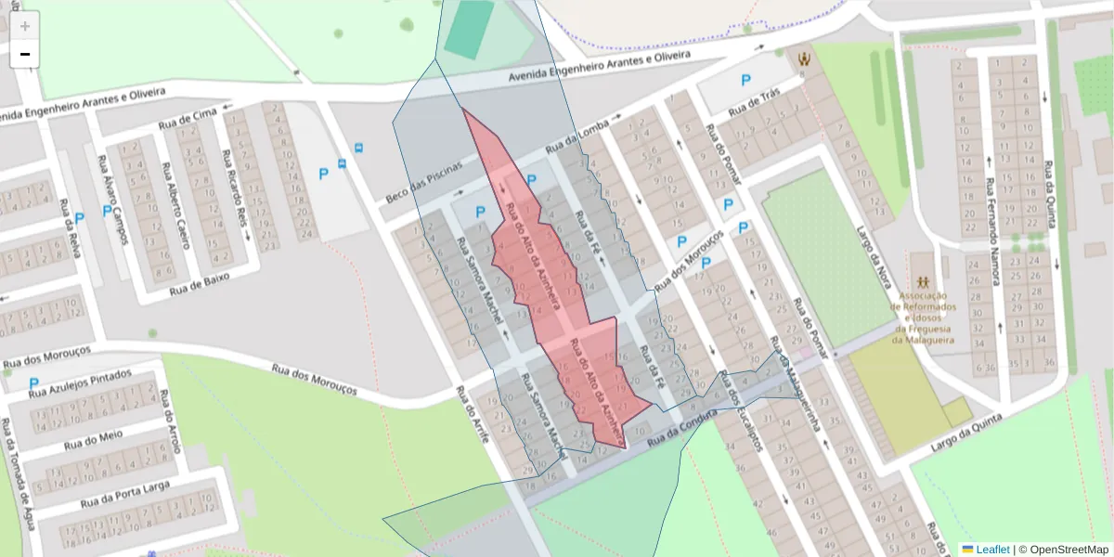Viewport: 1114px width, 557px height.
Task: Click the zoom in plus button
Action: (x=25, y=26)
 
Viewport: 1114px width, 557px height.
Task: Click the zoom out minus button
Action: (x=25, y=54)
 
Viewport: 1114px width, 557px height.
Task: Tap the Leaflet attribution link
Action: (x=992, y=550)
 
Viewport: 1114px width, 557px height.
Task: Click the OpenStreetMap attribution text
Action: (x=1068, y=550)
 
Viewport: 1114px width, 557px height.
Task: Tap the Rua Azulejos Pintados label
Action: (x=80, y=383)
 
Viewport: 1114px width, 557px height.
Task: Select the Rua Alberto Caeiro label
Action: (x=176, y=206)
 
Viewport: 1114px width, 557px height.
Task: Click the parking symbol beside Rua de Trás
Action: (x=745, y=80)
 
